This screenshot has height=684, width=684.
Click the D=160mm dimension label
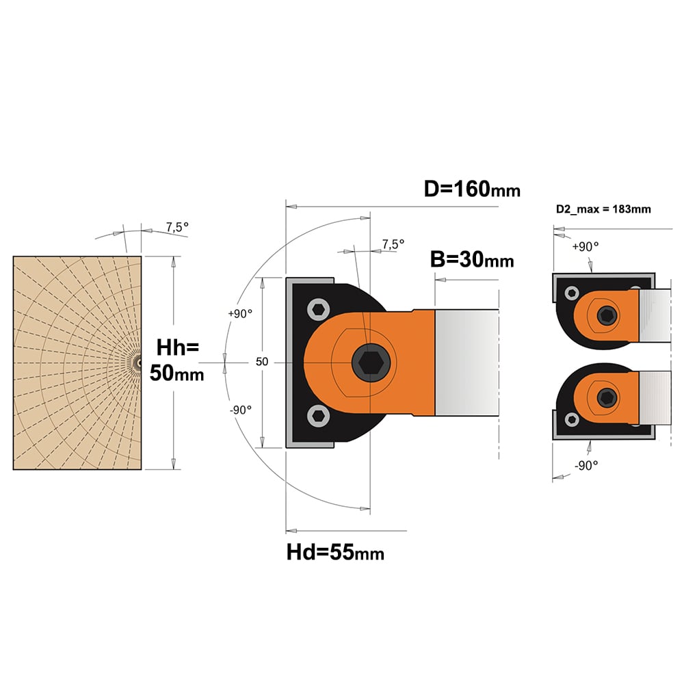[472, 189]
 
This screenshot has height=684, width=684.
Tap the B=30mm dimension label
[472, 259]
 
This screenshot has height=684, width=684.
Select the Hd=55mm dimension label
[335, 552]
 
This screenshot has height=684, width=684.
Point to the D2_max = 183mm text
[603, 209]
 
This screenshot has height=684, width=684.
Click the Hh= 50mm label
[176, 360]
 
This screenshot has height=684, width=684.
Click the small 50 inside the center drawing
[262, 362]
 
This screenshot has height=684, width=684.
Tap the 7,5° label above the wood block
[177, 227]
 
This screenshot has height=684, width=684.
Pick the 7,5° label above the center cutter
[393, 244]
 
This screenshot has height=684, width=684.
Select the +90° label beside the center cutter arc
[240, 314]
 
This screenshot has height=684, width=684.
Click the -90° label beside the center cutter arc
[241, 410]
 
